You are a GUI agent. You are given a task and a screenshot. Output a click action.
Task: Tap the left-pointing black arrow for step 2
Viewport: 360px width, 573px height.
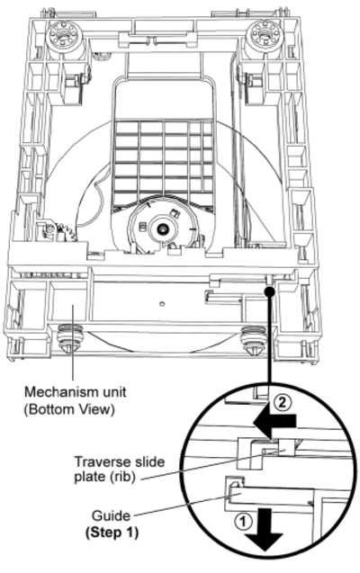point(274,422)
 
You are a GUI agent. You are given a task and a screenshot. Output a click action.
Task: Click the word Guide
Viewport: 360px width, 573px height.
point(111,515)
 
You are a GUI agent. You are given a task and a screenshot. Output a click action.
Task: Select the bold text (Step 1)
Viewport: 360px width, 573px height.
point(112,533)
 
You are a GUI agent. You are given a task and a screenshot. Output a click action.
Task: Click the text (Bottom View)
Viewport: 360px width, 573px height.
point(70,409)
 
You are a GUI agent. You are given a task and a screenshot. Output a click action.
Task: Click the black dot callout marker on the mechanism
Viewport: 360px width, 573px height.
point(269,291)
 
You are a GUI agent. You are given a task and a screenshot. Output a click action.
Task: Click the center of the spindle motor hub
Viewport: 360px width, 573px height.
point(161,229)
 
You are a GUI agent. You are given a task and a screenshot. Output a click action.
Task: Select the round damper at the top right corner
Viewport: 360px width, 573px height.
point(263,36)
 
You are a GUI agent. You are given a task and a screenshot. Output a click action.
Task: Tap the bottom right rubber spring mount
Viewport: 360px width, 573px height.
point(254,338)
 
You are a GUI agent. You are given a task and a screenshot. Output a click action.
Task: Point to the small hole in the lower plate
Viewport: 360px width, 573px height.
point(162,303)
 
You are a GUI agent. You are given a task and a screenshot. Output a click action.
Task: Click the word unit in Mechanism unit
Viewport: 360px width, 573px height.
point(112,392)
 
